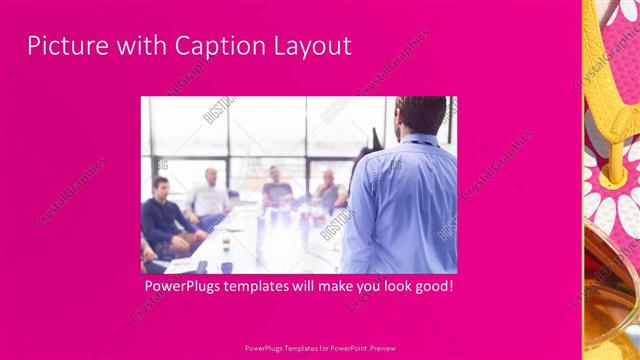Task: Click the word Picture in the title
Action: pyautogui.click(x=62, y=45)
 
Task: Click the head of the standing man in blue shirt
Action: pyautogui.click(x=420, y=115)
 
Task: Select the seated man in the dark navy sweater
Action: pyautogui.click(x=160, y=215)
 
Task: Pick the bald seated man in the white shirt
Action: pyautogui.click(x=209, y=196)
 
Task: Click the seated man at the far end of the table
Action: pyautogui.click(x=276, y=185)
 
